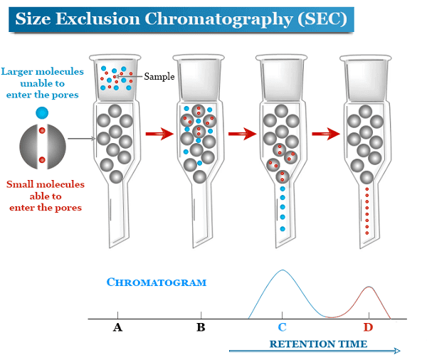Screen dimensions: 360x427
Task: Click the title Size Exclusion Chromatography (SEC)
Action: pos(181,18)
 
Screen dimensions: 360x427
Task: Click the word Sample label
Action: pos(159,76)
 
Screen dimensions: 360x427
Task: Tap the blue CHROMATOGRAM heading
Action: pos(157,282)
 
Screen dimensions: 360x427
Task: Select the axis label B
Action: pos(201,327)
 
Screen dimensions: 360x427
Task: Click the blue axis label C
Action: pos(283,327)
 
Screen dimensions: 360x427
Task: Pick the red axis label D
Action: pos(368,327)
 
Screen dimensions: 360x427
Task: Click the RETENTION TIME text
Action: pos(318,344)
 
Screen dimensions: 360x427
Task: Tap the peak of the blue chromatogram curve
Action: pos(283,271)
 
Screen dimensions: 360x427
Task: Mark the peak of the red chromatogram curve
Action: pos(368,287)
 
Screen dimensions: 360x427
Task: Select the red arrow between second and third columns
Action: pos(242,133)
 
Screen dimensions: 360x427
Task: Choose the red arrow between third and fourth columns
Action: pos(325,133)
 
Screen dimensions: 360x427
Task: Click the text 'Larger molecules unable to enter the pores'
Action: pos(42,83)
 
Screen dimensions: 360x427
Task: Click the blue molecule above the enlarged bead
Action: pos(42,112)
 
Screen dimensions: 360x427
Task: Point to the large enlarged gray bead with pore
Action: pos(42,146)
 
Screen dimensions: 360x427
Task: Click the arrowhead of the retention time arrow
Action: pos(397,351)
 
